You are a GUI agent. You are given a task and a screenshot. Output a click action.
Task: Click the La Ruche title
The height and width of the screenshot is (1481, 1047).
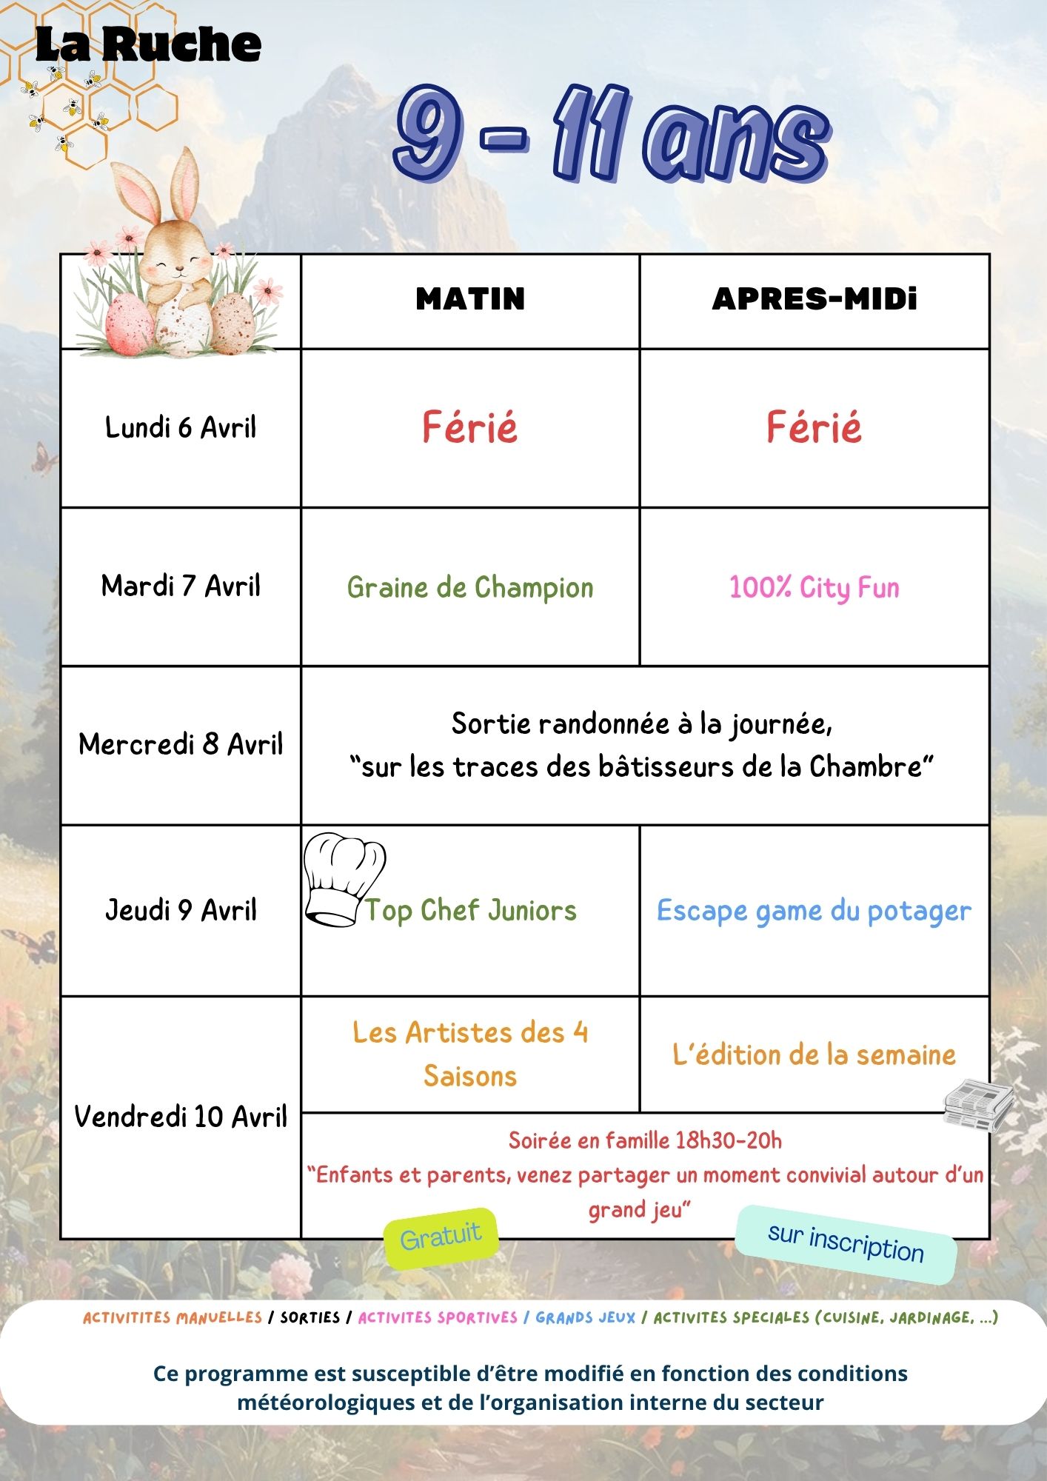tap(148, 44)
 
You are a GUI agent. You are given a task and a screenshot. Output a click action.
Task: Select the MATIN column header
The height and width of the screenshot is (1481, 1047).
tap(470, 299)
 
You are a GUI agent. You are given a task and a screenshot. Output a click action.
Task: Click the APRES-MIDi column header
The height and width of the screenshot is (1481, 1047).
tap(814, 299)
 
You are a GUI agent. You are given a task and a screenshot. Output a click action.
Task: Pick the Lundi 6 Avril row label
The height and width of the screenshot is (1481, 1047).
tap(181, 428)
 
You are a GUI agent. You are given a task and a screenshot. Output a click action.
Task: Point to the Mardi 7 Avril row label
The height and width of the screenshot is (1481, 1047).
tap(181, 586)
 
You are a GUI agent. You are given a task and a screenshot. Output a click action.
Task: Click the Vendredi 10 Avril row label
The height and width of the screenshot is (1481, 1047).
tap(181, 1117)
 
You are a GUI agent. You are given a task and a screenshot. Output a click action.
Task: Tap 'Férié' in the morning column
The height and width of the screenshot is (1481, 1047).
tap(470, 428)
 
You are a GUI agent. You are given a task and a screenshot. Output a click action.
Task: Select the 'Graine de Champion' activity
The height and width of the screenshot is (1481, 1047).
tap(470, 588)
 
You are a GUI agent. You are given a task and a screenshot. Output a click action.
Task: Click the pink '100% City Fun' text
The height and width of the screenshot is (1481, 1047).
tap(814, 588)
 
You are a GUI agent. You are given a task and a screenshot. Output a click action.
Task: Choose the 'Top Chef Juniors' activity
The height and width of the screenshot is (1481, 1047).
tap(471, 911)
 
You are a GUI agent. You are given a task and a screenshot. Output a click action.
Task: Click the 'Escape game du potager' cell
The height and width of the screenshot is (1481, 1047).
tap(814, 911)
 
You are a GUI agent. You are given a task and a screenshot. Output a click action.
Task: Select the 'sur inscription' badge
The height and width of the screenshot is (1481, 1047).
tap(846, 1244)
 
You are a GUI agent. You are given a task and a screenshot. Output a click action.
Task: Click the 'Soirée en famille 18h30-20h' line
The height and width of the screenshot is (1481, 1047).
tap(645, 1140)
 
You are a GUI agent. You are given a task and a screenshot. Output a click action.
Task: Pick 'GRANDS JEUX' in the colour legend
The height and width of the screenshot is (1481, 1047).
tap(586, 1317)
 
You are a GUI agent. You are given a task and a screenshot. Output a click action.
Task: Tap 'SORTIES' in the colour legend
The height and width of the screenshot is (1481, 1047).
tap(310, 1317)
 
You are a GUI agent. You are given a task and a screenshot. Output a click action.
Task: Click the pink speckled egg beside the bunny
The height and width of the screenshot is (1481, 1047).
tap(130, 323)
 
